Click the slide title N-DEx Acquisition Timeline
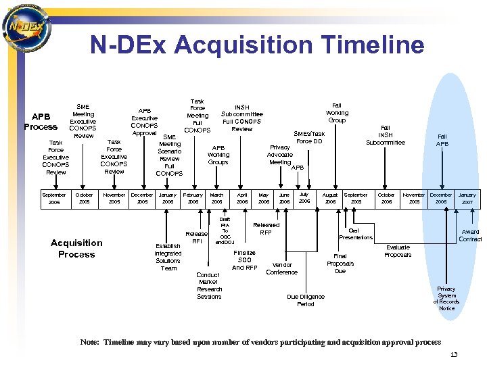(x=257, y=45)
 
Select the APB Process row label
(x=41, y=122)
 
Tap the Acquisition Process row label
(x=76, y=248)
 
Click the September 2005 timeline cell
(x=55, y=198)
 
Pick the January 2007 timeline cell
(x=467, y=198)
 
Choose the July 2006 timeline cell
(x=304, y=197)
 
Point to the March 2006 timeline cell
(x=216, y=198)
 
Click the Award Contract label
(x=470, y=235)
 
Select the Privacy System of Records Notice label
(x=446, y=298)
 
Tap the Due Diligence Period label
(x=306, y=300)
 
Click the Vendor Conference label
(x=281, y=268)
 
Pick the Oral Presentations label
(x=356, y=233)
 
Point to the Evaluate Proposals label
(x=398, y=251)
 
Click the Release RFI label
(x=197, y=237)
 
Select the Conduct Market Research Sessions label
(x=209, y=285)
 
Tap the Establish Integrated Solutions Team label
(x=168, y=257)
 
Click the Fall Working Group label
(x=337, y=112)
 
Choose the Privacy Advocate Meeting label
(x=280, y=154)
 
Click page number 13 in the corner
(x=454, y=355)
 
